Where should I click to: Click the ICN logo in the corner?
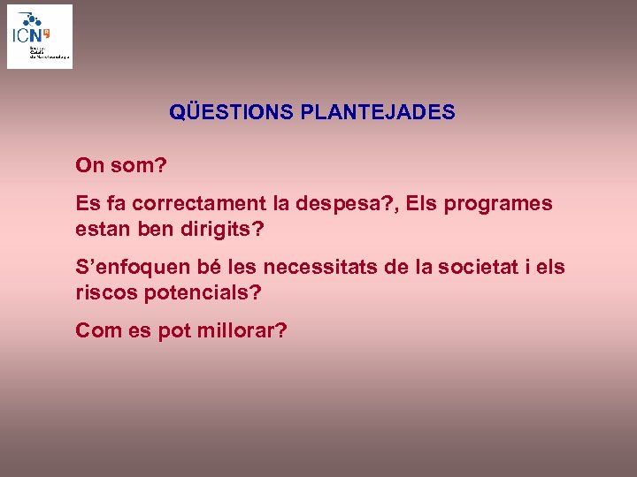40,36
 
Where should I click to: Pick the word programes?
498,203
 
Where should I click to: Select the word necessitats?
318,267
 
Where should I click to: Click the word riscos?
103,291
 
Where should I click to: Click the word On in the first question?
90,165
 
